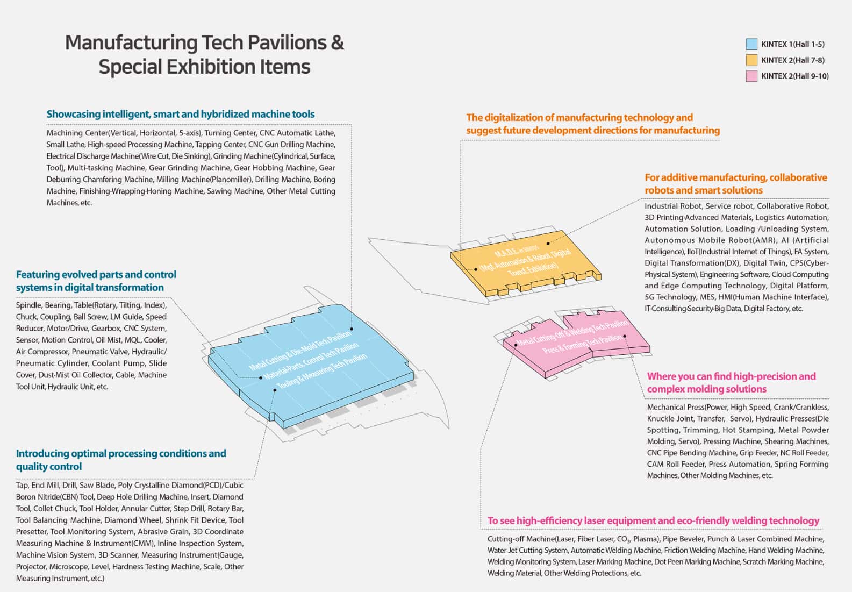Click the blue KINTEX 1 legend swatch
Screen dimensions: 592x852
(x=751, y=44)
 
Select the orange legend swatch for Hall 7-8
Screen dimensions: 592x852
(x=751, y=60)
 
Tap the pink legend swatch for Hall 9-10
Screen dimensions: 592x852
(x=751, y=76)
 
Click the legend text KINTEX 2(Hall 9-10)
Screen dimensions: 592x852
(x=794, y=76)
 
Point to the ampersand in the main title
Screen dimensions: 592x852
(x=337, y=42)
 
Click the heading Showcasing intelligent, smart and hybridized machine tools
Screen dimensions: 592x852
(x=181, y=114)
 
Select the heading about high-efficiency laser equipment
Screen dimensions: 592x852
(x=653, y=520)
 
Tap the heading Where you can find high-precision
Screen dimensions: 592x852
(x=731, y=376)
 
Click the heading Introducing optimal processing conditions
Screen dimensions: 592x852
(x=121, y=453)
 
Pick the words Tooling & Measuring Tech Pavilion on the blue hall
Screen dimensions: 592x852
(x=322, y=371)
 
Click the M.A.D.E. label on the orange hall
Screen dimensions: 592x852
(x=509, y=252)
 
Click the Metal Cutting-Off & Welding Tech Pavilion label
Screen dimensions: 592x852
(x=572, y=333)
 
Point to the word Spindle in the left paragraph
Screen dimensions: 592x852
(x=28, y=305)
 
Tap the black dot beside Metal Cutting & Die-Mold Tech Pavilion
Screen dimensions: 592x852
(x=352, y=329)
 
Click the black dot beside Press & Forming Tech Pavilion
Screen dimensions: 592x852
(x=625, y=337)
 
